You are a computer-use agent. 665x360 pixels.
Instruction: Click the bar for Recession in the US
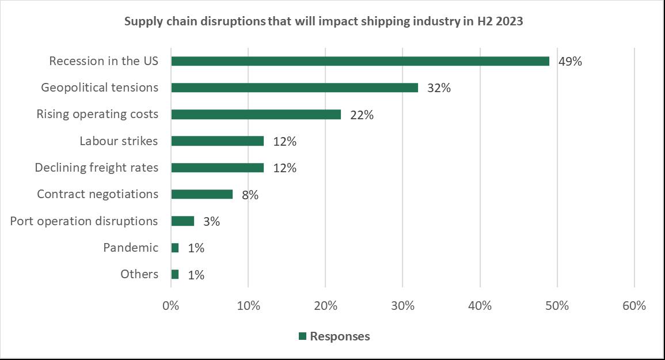tap(360, 61)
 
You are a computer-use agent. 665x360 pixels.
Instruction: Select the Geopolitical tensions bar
tap(294, 88)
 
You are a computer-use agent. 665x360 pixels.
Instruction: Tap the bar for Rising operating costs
tap(256, 114)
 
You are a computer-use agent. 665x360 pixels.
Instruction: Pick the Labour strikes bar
tap(217, 141)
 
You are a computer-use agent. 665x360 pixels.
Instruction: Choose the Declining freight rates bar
tap(217, 168)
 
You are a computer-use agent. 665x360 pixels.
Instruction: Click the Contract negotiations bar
tap(202, 194)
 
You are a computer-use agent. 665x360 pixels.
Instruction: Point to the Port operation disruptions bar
tap(183, 221)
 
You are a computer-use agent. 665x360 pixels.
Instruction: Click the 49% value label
tap(570, 62)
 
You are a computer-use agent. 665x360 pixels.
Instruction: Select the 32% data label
tap(439, 88)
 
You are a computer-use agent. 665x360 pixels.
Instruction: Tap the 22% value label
tap(362, 115)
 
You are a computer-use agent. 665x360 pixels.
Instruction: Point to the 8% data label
tap(250, 195)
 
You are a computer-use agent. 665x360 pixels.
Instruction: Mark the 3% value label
tap(211, 221)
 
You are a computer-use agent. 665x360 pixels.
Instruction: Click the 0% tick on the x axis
tap(171, 305)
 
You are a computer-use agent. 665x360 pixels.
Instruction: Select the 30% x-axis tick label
tap(402, 305)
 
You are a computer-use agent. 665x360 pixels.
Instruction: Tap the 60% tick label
tap(634, 305)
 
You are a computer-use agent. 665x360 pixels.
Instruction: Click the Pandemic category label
tap(131, 248)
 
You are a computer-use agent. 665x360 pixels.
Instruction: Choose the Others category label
tap(139, 274)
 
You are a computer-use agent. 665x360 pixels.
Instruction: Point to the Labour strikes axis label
tap(119, 141)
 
